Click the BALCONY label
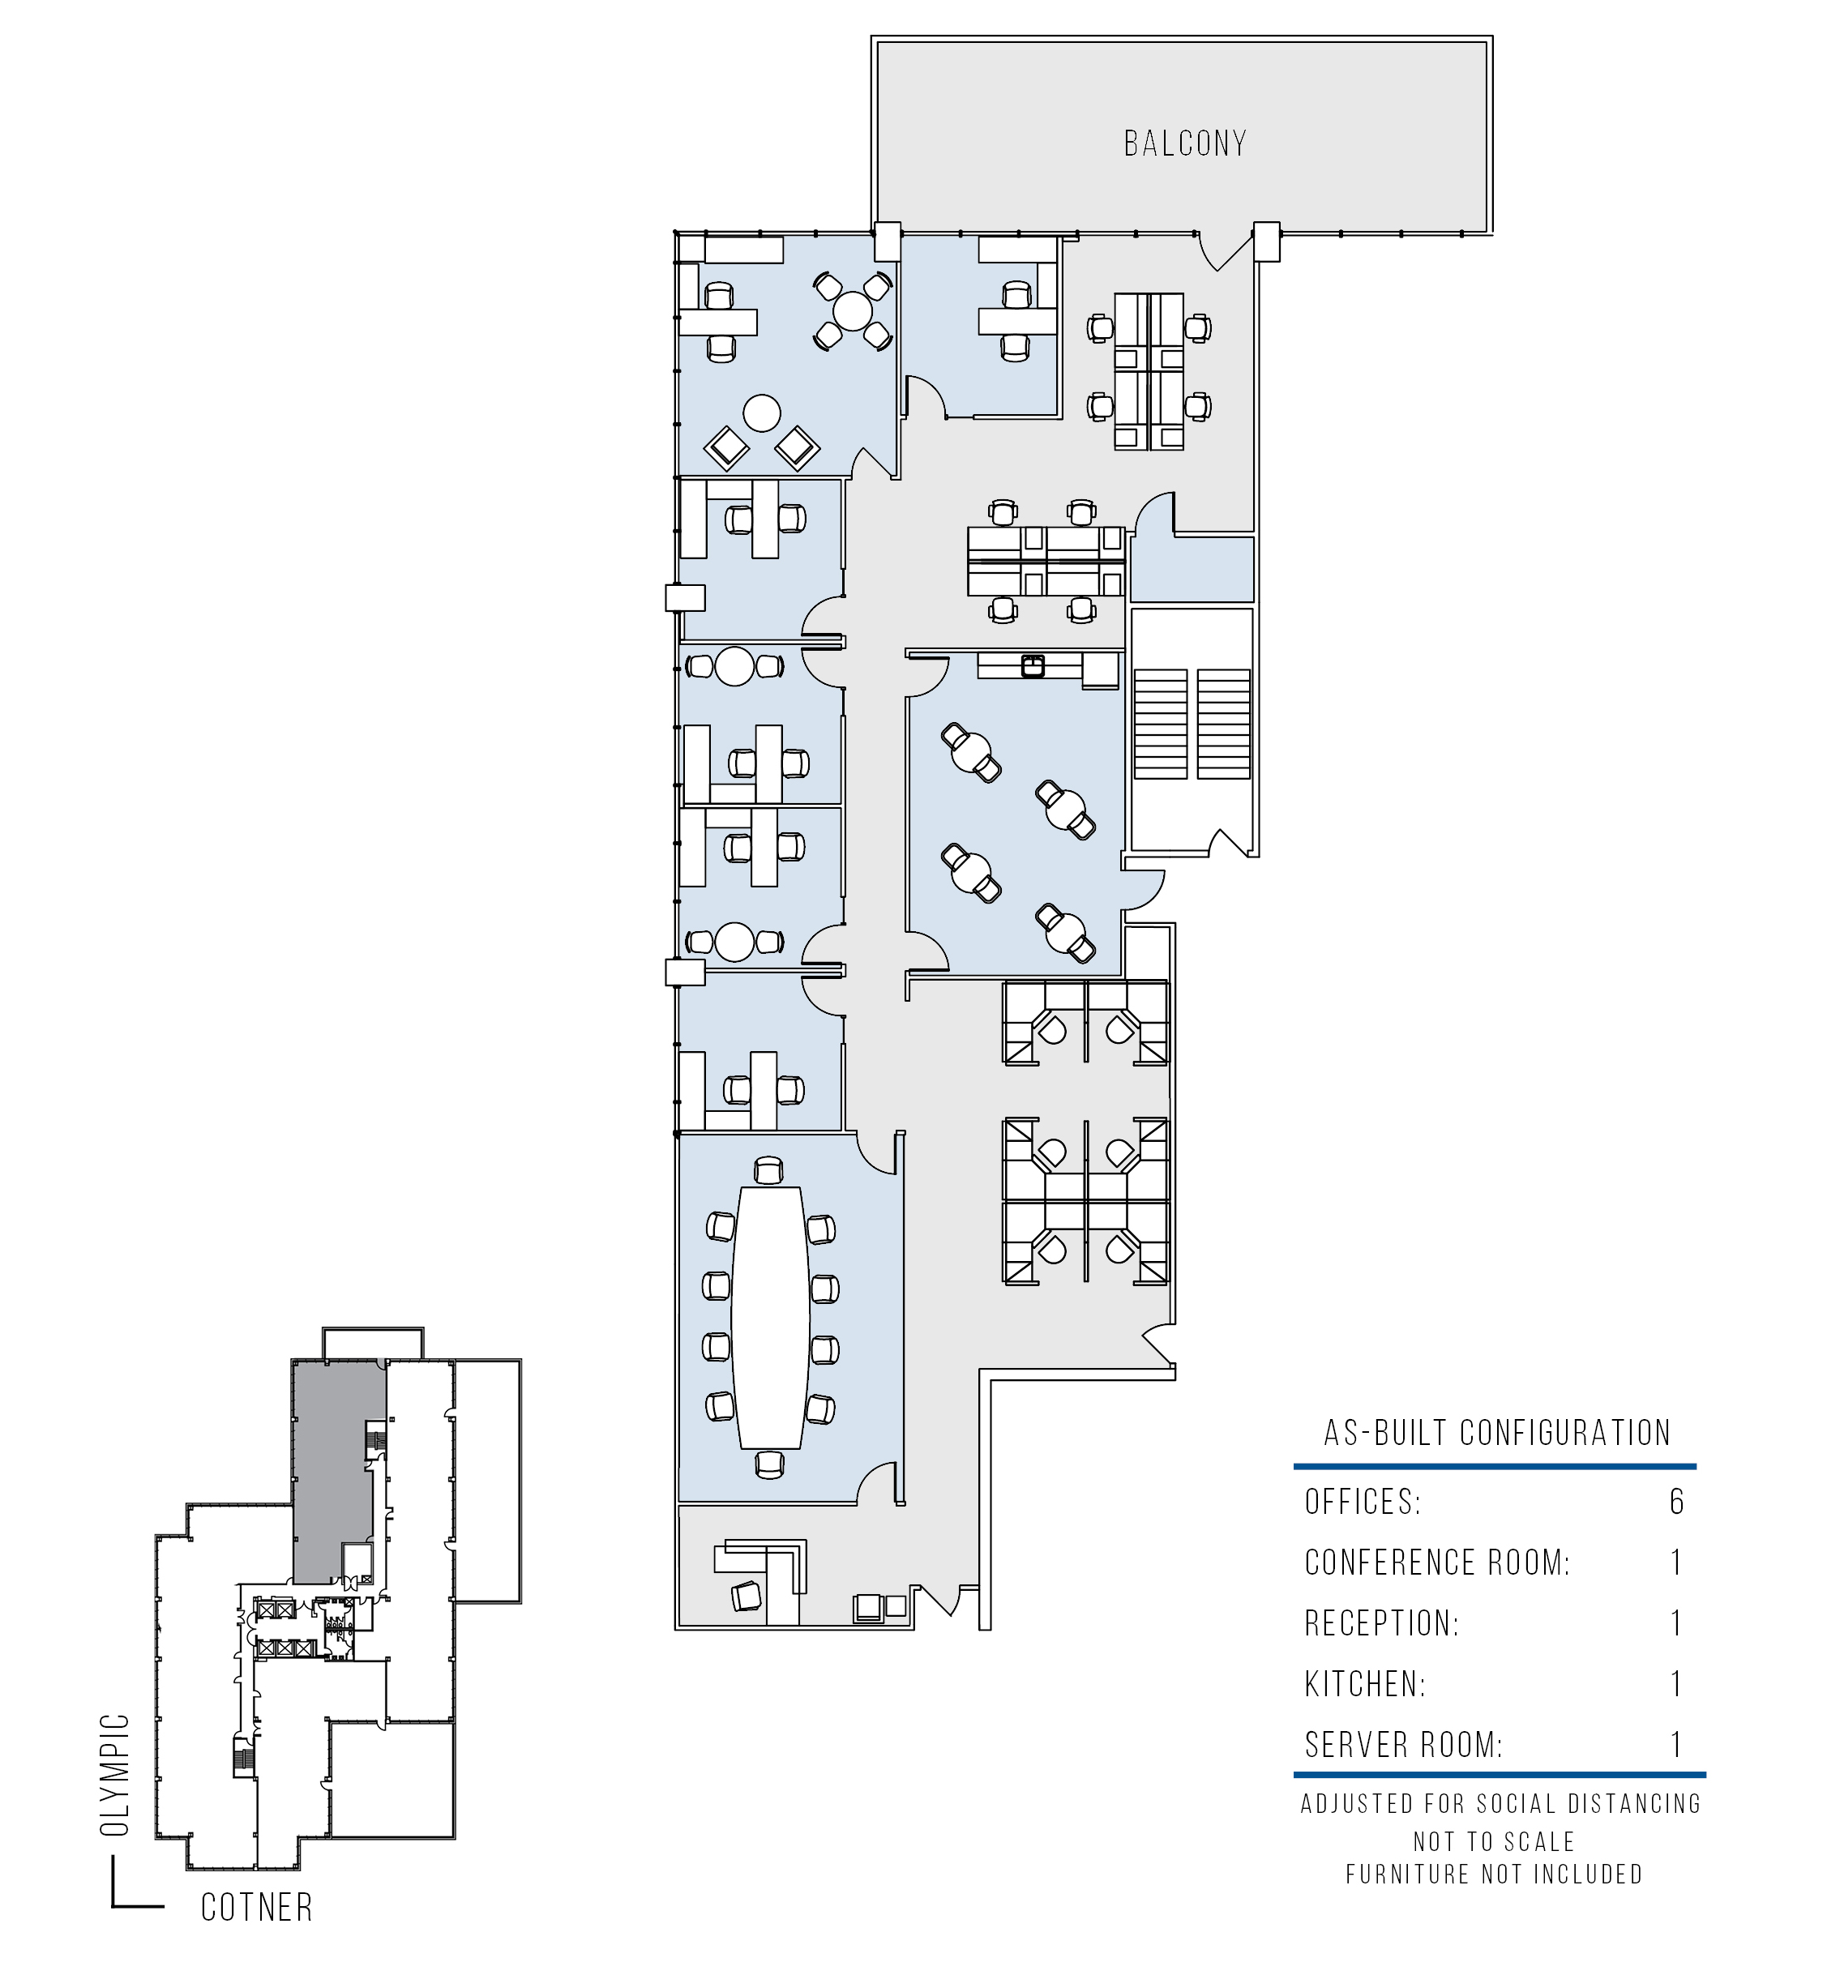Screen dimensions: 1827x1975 pyautogui.click(x=1184, y=144)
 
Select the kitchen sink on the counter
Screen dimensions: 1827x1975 pyautogui.click(x=1032, y=665)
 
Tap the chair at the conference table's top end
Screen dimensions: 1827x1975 pyautogui.click(x=768, y=1171)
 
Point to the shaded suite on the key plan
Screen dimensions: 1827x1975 pyautogui.click(x=338, y=1472)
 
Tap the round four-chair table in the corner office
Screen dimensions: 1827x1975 pyautogui.click(x=852, y=311)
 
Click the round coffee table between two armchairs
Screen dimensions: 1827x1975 pyautogui.click(x=761, y=413)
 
